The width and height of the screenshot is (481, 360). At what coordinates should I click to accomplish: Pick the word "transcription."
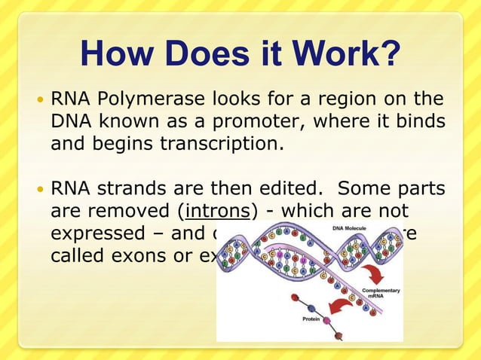point(222,142)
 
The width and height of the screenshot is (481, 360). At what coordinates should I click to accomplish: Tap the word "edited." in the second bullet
point(283,187)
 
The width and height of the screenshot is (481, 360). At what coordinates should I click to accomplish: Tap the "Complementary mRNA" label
point(380,294)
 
